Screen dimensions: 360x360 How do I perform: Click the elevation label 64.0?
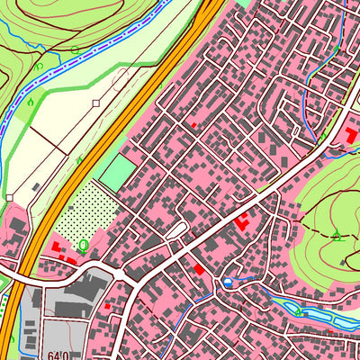click(61, 354)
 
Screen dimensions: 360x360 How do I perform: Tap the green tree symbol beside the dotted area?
click(84, 244)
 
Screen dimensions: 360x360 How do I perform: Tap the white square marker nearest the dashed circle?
click(95, 103)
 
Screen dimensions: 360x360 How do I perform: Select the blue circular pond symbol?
click(228, 283)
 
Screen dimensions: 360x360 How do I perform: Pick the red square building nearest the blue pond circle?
click(200, 269)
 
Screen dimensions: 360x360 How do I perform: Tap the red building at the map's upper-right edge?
click(349, 135)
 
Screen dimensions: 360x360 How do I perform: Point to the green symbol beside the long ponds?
click(299, 310)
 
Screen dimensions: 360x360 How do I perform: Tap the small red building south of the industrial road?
click(107, 306)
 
